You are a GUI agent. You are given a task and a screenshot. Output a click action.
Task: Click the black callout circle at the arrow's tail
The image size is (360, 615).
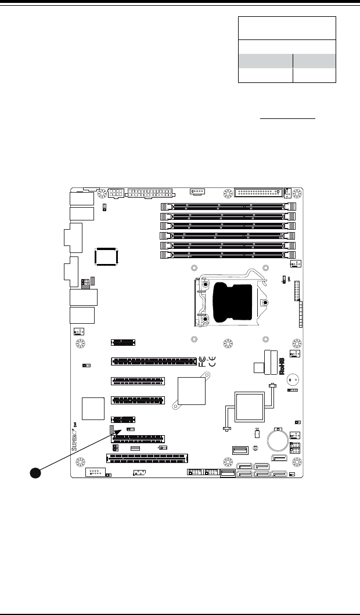coord(35,473)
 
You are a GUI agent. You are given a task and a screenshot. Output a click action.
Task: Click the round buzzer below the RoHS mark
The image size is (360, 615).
coord(294,381)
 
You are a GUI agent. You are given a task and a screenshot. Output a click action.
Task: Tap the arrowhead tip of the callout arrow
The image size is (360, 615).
coord(123,430)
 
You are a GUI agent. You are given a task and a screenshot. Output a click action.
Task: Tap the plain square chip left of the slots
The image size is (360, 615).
coord(93,409)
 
